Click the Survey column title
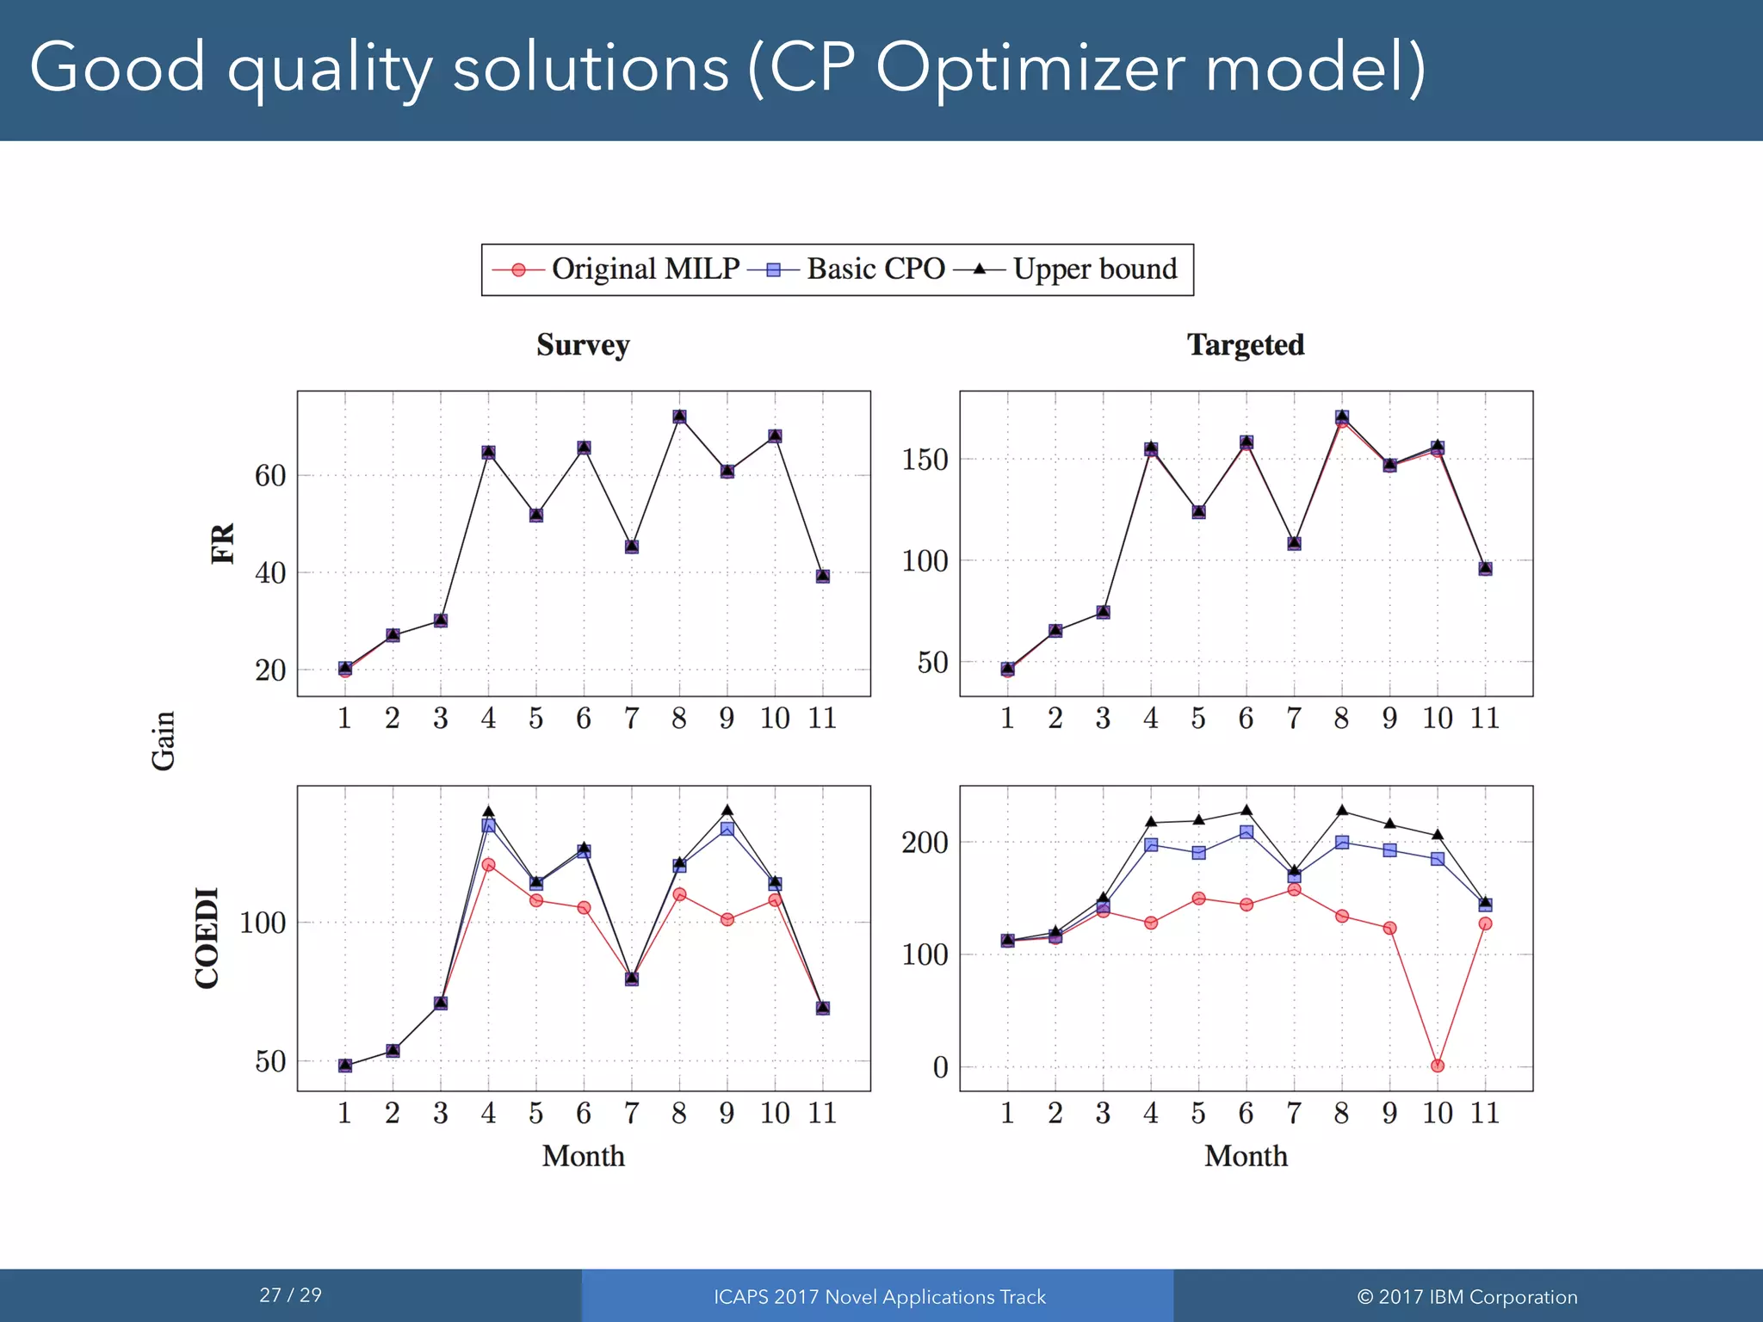(583, 345)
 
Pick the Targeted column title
(1245, 345)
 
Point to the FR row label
(223, 543)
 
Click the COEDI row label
(207, 937)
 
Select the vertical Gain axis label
(164, 740)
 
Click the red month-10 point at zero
(1437, 1066)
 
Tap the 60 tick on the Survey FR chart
(270, 475)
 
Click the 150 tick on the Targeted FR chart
(925, 460)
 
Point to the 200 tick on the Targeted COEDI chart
(925, 843)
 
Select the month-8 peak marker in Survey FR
(679, 417)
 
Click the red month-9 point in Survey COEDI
(727, 919)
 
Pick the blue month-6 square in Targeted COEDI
(1246, 832)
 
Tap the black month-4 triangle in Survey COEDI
(488, 811)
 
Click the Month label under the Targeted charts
(1245, 1156)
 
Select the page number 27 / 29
(290, 1294)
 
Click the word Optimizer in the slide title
(1030, 67)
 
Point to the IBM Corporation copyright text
(1467, 1297)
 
